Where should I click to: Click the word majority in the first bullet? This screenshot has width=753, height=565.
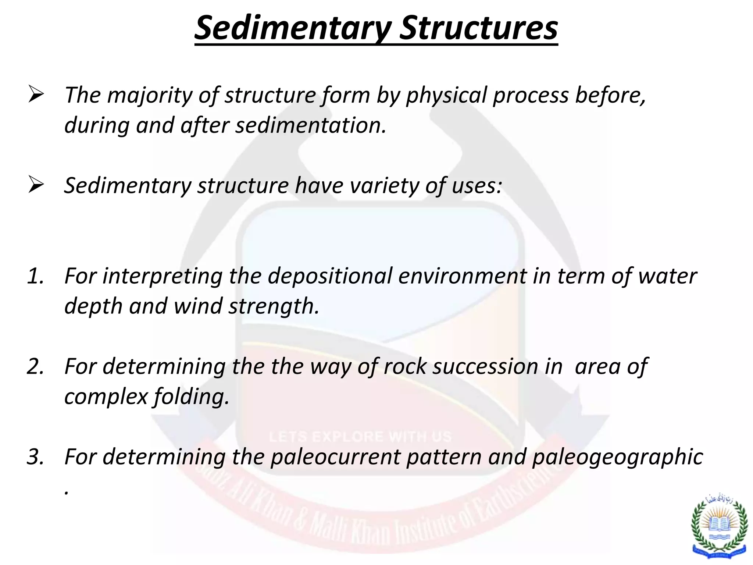[150, 96]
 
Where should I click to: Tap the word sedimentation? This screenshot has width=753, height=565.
[311, 125]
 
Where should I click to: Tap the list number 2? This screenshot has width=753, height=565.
[36, 367]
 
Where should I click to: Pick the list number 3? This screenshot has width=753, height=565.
[36, 457]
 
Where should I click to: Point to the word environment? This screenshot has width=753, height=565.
[463, 276]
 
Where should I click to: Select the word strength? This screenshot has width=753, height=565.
[274, 306]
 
